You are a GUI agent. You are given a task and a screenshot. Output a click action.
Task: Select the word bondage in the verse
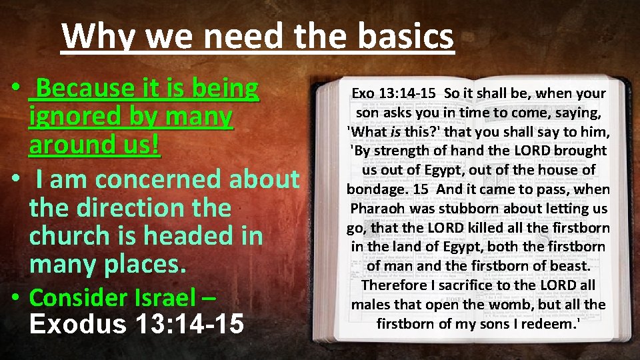[375, 189]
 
